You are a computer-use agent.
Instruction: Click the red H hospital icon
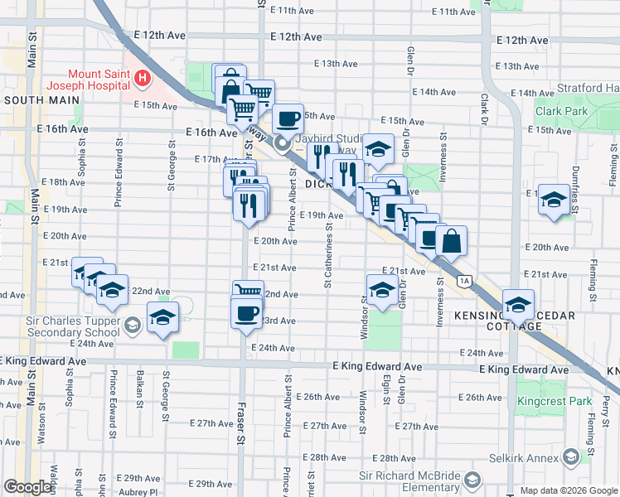click(143, 79)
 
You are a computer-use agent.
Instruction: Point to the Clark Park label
click(561, 111)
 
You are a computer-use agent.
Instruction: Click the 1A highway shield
click(465, 281)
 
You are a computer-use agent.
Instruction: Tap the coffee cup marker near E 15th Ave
click(288, 119)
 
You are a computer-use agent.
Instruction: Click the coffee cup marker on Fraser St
click(246, 313)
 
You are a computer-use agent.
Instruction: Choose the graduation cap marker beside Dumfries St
click(554, 200)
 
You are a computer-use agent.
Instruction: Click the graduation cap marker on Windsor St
click(380, 290)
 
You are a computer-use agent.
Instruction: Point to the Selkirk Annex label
click(529, 457)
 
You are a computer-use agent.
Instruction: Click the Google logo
click(29, 487)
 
